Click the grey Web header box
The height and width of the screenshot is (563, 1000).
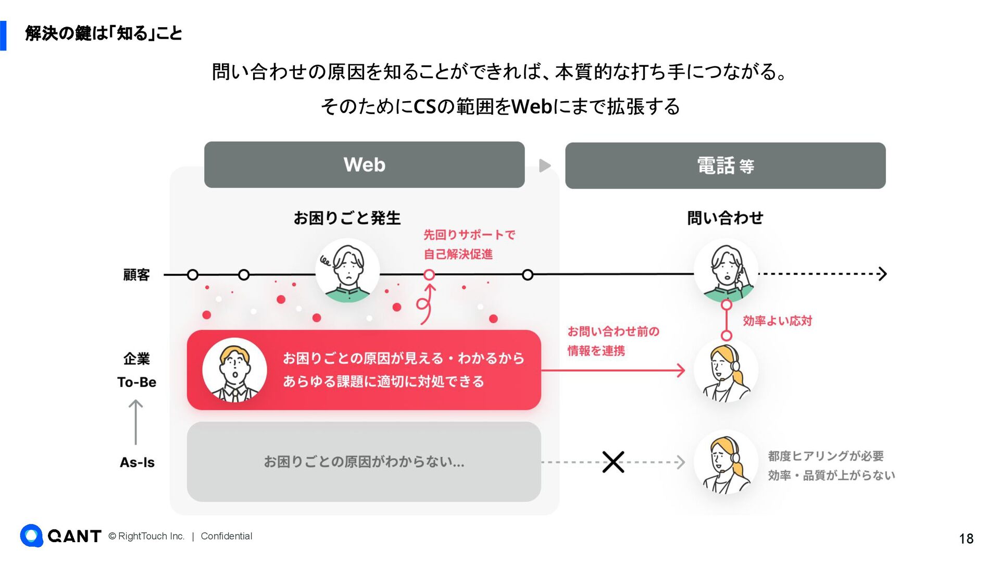(x=364, y=165)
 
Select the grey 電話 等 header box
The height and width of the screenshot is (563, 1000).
(x=725, y=166)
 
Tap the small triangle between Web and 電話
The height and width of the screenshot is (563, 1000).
(x=545, y=166)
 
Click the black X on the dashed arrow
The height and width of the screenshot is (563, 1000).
(x=613, y=462)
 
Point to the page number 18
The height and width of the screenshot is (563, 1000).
(x=966, y=538)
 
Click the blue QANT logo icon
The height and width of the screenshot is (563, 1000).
(x=31, y=535)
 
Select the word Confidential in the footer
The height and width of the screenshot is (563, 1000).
(x=226, y=536)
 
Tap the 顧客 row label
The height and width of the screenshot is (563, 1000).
(x=136, y=275)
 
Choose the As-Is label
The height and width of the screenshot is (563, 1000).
(x=137, y=462)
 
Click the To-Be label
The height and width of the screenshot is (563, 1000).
(x=136, y=382)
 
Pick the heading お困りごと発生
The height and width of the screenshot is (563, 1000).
(x=347, y=218)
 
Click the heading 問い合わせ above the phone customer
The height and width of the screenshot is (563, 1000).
(x=725, y=218)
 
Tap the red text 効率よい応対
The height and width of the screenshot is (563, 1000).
(x=777, y=321)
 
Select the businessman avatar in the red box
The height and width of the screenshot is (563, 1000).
(x=234, y=370)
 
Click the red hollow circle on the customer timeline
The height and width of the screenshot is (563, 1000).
(x=429, y=275)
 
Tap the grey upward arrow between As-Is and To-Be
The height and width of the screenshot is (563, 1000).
(x=136, y=422)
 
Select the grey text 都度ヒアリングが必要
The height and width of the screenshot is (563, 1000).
(x=826, y=456)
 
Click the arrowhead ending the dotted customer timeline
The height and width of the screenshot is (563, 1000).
(x=882, y=274)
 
